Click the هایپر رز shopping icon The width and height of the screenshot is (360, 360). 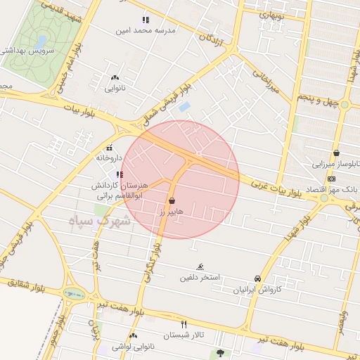(x=172, y=200)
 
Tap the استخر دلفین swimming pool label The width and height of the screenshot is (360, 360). (x=200, y=277)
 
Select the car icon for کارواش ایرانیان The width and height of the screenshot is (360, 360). (x=258, y=279)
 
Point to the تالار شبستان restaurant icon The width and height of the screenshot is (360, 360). (x=184, y=324)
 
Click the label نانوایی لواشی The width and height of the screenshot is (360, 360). (x=127, y=347)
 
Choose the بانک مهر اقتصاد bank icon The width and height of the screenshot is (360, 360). (x=331, y=179)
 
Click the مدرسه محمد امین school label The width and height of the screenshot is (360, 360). (x=146, y=31)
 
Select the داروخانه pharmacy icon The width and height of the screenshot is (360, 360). (x=109, y=148)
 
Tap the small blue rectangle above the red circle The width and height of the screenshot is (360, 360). (x=184, y=107)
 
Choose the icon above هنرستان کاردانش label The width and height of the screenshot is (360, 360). (x=120, y=174)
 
